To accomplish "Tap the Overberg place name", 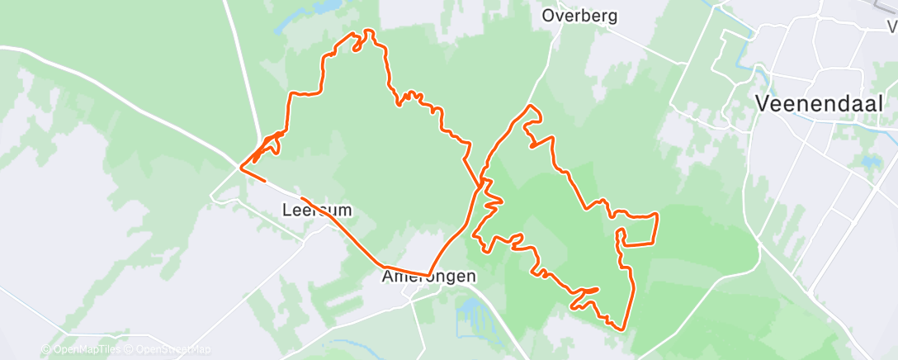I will coord(579,15).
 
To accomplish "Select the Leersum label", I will coord(318,211).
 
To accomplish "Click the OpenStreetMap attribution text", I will coord(173,350).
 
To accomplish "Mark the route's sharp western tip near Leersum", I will coord(240,168).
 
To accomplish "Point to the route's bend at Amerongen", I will coord(428,275).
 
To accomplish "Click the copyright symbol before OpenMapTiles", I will coord(45,350).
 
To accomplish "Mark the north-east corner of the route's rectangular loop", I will coord(656,215).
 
